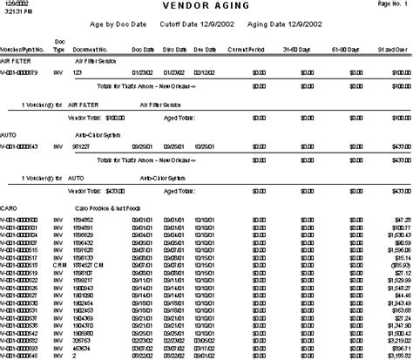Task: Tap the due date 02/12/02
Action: (x=202, y=72)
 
